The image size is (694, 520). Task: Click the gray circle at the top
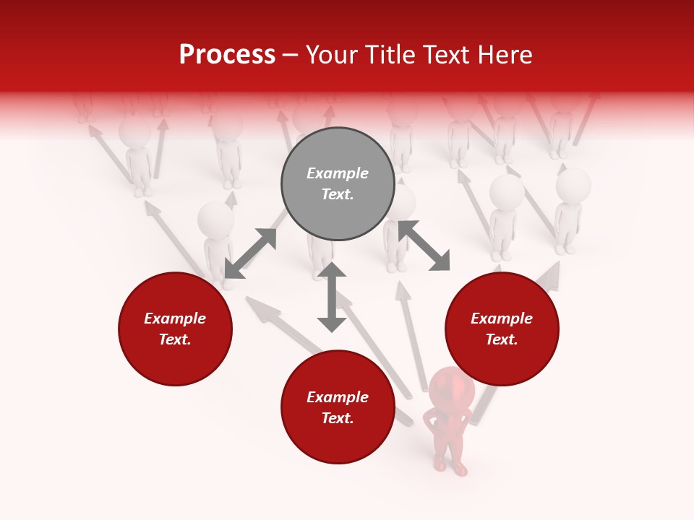click(338, 184)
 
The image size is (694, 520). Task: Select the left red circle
click(175, 329)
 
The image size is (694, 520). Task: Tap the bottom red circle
click(338, 407)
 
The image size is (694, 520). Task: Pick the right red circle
click(502, 329)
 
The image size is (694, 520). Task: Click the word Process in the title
click(227, 55)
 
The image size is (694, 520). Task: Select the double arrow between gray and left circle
click(250, 253)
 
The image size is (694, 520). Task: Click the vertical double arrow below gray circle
click(332, 297)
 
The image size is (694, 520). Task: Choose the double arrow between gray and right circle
click(424, 246)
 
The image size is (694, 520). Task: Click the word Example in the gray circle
click(338, 173)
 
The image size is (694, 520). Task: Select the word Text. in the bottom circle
click(338, 418)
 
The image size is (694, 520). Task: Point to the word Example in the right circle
click(502, 318)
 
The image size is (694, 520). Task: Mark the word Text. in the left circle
click(175, 339)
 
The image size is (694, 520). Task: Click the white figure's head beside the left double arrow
click(215, 218)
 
